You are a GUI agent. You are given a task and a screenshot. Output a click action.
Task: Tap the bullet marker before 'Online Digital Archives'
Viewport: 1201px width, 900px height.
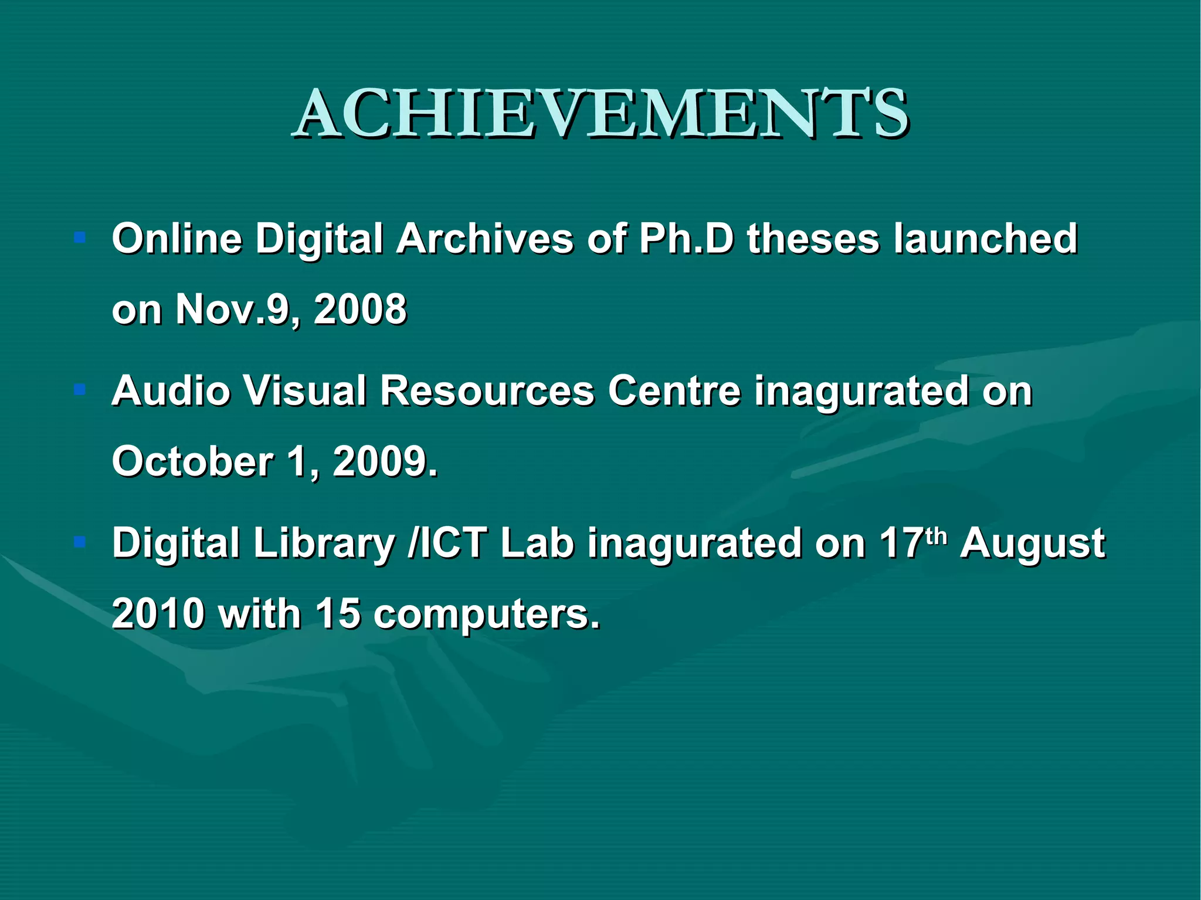click(x=80, y=237)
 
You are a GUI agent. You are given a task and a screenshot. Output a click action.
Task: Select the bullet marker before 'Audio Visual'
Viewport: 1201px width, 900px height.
click(x=80, y=389)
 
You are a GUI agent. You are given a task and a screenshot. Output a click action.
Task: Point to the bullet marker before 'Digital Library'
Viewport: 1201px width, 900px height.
click(x=80, y=542)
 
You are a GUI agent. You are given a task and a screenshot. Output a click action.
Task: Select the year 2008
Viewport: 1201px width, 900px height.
click(x=360, y=309)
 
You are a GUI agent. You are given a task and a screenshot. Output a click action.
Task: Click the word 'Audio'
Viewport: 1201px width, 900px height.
click(x=171, y=390)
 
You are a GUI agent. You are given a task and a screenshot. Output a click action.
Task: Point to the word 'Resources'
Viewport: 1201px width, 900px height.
click(x=487, y=390)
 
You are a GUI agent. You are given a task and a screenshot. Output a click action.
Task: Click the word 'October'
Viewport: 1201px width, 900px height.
click(x=192, y=461)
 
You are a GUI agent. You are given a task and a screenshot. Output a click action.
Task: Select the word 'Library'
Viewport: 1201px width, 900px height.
click(x=324, y=544)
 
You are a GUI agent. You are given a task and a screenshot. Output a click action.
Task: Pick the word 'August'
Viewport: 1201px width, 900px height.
click(x=1032, y=544)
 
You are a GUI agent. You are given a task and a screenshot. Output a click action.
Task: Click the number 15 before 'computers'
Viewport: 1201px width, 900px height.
click(x=338, y=613)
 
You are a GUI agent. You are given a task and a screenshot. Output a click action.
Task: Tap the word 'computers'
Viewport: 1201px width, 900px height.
click(x=486, y=614)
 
